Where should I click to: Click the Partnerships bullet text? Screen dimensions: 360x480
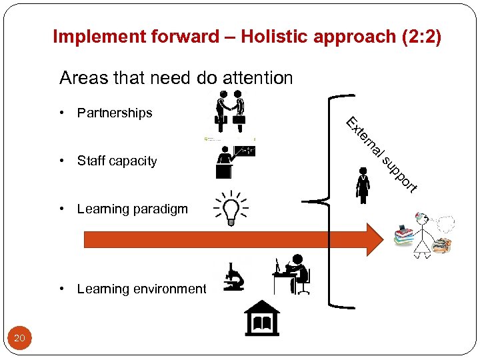[115, 113]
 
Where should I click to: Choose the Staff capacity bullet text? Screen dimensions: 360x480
[117, 161]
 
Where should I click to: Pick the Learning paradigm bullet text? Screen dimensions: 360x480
[132, 209]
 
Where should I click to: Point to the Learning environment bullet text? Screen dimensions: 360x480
[141, 289]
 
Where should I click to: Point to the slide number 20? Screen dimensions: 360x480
[19, 339]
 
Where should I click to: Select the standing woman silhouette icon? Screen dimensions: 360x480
[363, 185]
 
